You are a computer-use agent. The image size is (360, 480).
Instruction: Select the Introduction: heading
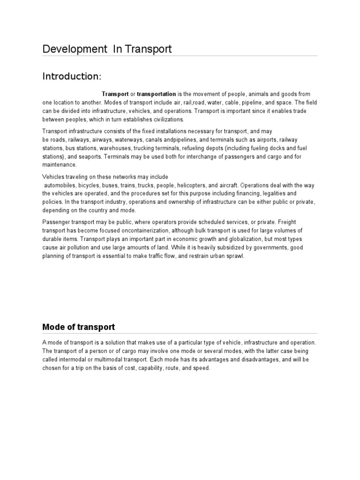72,76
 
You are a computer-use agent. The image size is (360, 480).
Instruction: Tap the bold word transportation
156,94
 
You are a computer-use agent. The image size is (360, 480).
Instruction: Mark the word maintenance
59,165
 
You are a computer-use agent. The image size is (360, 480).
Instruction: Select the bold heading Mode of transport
78,327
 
